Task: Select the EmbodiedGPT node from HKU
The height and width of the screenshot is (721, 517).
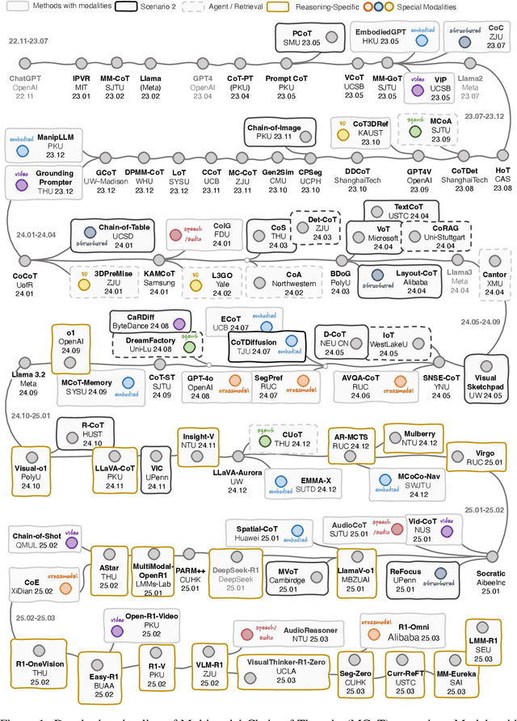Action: point(380,36)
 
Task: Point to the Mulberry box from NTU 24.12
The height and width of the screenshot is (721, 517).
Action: point(419,439)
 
